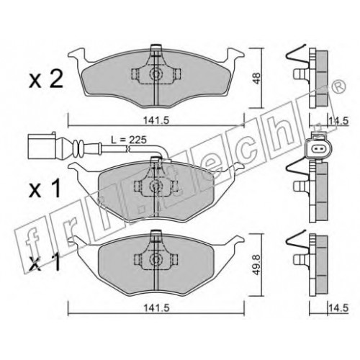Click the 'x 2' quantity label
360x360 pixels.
click(x=46, y=79)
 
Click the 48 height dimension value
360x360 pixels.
click(x=256, y=78)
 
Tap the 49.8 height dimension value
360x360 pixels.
click(x=256, y=265)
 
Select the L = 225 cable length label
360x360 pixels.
click(x=129, y=140)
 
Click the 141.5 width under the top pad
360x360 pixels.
click(x=156, y=120)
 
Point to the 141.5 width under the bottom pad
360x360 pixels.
click(x=156, y=307)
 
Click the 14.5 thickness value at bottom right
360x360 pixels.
click(x=338, y=307)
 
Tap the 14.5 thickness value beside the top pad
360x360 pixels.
click(x=338, y=120)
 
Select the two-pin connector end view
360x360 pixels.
click(x=318, y=148)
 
